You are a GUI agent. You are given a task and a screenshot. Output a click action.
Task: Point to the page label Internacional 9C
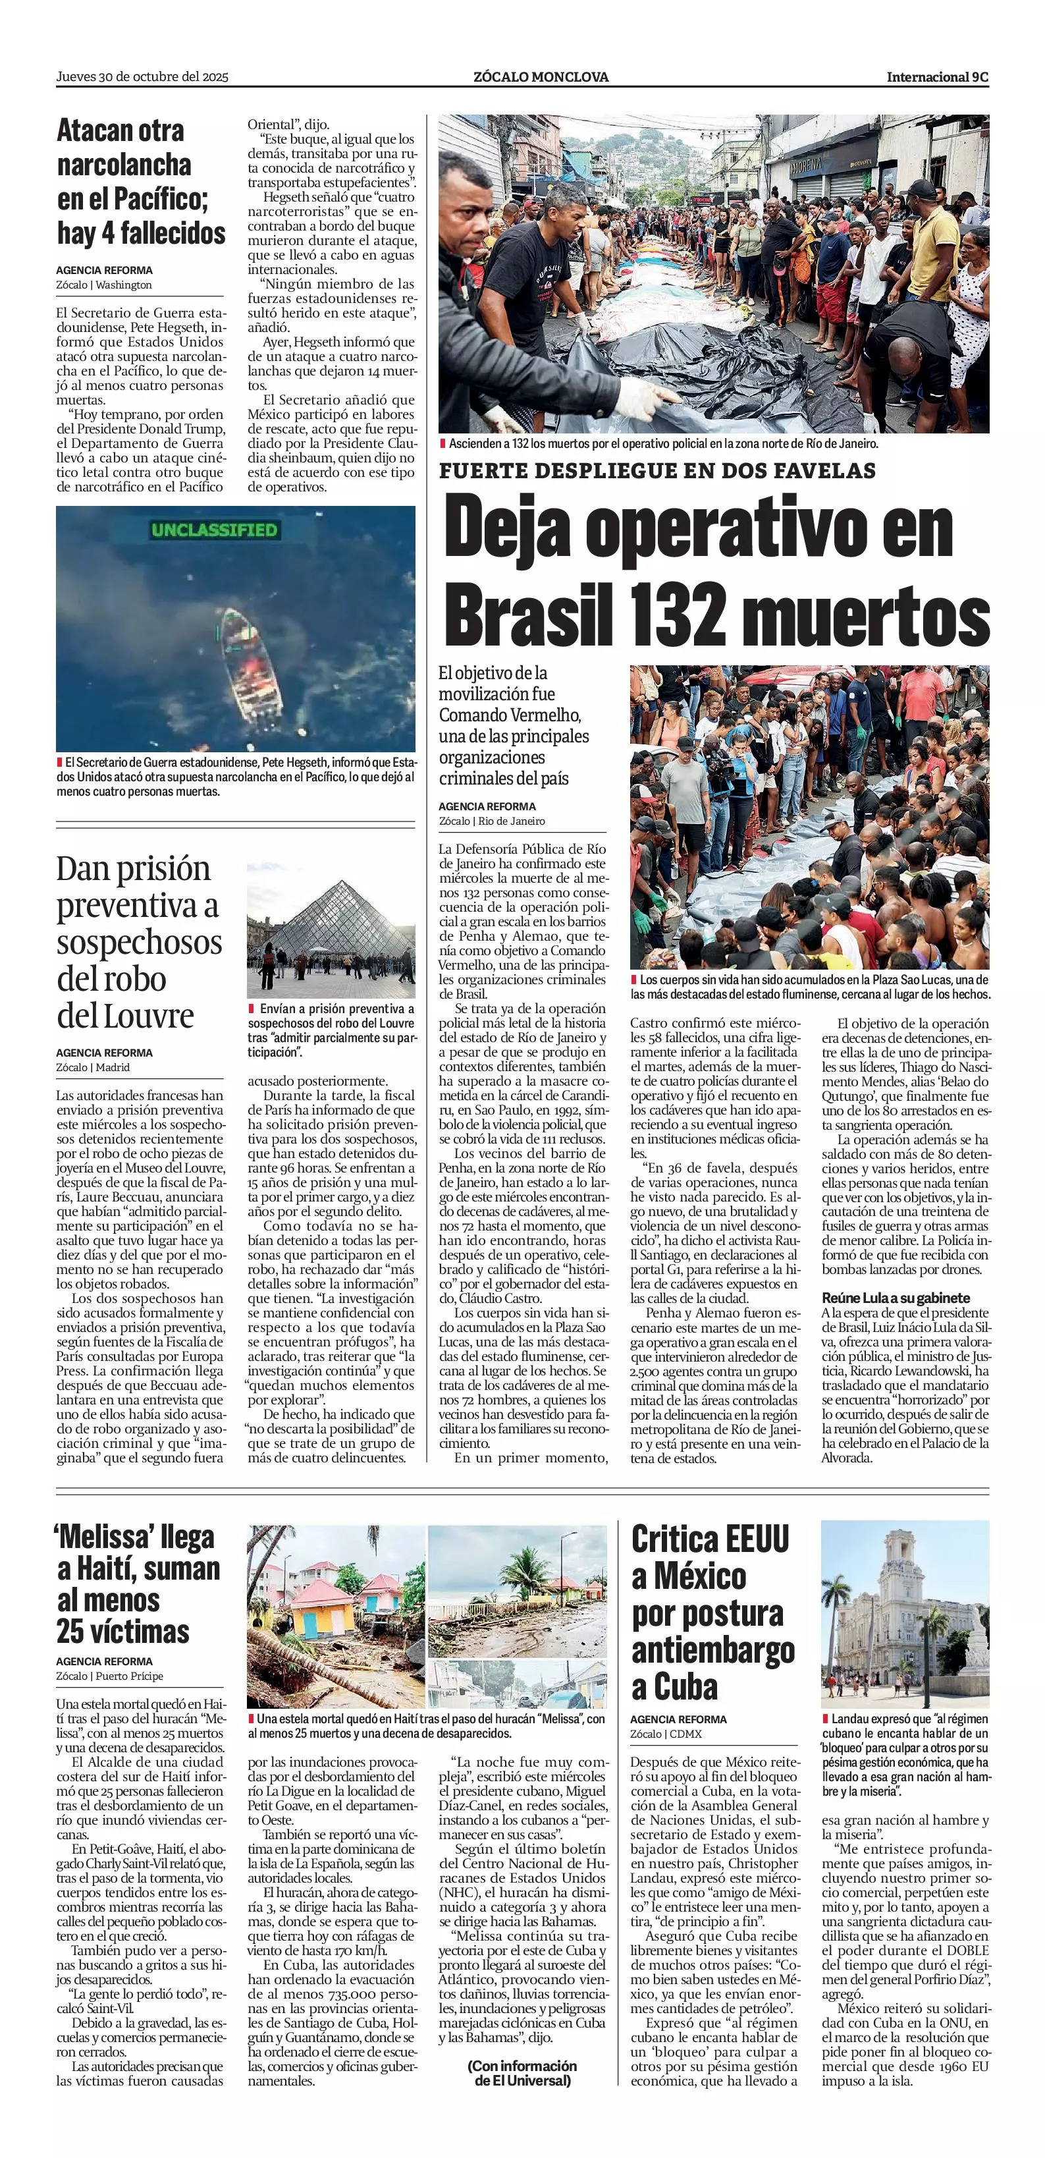[x=937, y=77]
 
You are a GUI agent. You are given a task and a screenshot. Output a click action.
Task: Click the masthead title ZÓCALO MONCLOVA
[x=541, y=77]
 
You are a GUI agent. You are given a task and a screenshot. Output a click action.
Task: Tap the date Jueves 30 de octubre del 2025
[x=142, y=77]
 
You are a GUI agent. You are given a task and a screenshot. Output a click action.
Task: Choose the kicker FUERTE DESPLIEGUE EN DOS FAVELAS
[x=657, y=471]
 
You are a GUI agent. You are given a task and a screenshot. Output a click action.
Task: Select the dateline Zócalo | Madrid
[x=93, y=1067]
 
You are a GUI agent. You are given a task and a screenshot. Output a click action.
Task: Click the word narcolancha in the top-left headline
[x=124, y=165]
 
